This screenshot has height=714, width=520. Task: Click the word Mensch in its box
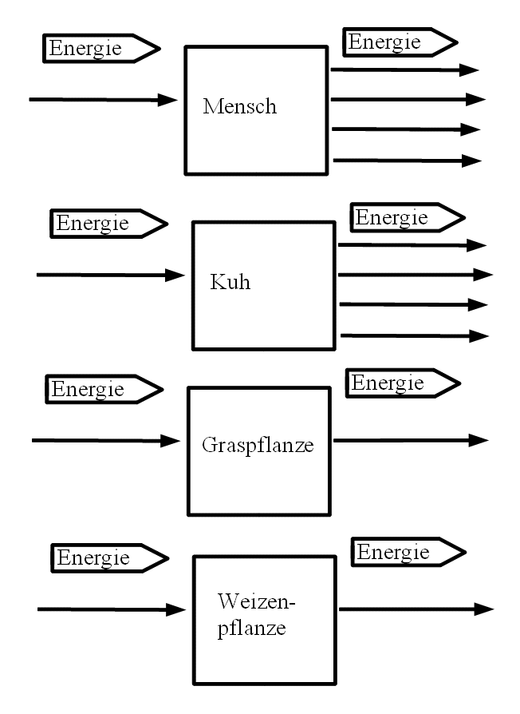(x=239, y=106)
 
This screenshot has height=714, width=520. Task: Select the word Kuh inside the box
(x=230, y=282)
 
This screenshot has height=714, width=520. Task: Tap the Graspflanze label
(x=258, y=445)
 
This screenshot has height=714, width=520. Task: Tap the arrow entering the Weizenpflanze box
(x=111, y=610)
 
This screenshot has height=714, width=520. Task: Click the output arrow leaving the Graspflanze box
(x=410, y=440)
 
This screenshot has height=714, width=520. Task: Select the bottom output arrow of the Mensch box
(x=407, y=161)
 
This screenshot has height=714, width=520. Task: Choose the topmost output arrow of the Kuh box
(x=412, y=245)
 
